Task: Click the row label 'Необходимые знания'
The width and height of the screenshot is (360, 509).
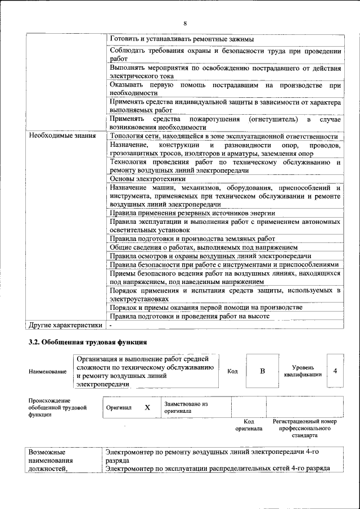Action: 62,136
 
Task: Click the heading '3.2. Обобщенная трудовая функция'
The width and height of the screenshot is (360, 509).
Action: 88,342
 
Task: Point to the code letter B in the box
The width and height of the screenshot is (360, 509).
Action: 262,371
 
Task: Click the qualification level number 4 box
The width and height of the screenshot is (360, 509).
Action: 335,371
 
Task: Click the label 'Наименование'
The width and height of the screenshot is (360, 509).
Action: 44,372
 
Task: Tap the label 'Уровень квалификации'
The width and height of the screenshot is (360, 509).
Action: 303,371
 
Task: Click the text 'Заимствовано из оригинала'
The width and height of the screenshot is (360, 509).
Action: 186,407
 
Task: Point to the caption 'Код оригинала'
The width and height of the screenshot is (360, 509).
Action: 249,425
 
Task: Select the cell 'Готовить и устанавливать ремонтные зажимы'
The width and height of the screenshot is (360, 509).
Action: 182,39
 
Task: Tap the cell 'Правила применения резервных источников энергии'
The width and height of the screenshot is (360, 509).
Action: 192,213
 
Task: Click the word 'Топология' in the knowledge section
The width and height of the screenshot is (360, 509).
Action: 128,136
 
